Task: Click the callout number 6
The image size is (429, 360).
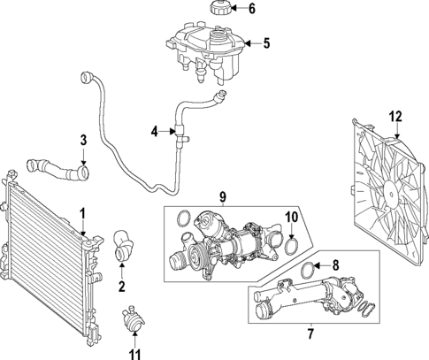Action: (x=251, y=10)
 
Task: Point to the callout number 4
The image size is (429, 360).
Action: (x=154, y=132)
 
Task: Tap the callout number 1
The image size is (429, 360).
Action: (x=82, y=213)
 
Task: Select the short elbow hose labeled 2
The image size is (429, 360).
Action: (x=123, y=246)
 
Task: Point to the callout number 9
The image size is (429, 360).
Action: (x=224, y=196)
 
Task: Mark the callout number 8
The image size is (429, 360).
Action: (x=334, y=264)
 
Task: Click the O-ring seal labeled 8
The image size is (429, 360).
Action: (x=306, y=271)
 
